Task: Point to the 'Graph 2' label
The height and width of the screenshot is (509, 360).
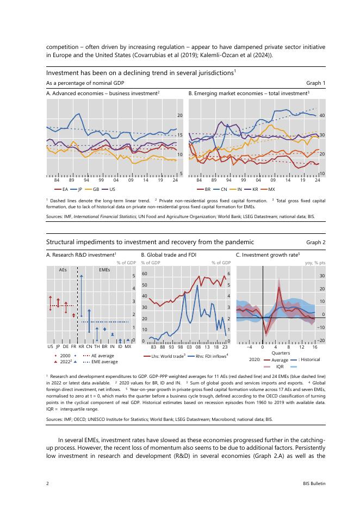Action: click(316, 243)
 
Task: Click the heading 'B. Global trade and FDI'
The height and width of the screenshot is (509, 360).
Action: click(169, 254)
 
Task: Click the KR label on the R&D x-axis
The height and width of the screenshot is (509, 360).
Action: click(81, 346)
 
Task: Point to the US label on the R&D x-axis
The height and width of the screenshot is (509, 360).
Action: click(50, 346)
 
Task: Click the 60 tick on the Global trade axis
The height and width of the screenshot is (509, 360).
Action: click(145, 274)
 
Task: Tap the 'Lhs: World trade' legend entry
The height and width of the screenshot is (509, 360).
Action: click(166, 356)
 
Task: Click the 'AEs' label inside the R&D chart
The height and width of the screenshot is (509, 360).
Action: click(63, 269)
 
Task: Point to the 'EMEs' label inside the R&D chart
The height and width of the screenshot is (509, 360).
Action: click(104, 269)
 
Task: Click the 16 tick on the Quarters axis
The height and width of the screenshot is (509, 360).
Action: click(314, 346)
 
